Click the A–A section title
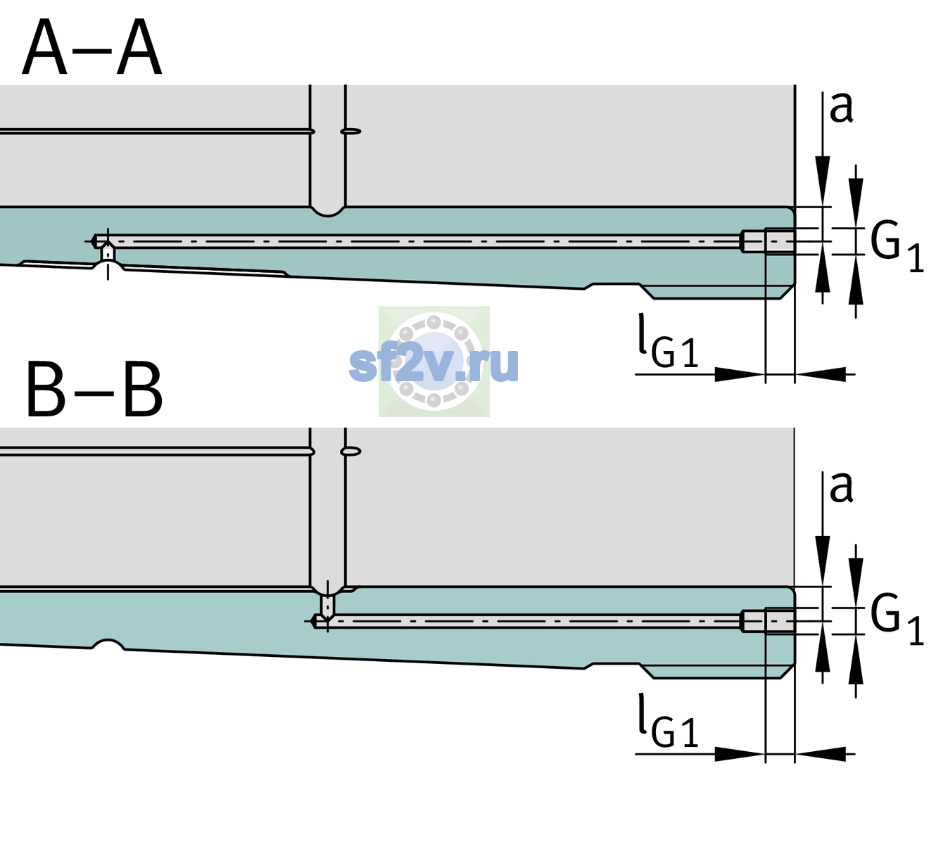point(92,47)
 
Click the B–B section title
point(95,390)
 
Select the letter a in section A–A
point(841,108)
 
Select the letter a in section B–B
point(841,487)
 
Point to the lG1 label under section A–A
point(668,340)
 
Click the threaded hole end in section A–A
point(768,241)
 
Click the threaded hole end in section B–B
point(768,622)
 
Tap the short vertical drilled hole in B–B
point(328,606)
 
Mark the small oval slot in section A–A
point(350,132)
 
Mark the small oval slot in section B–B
point(350,452)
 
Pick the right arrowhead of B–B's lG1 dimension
point(821,754)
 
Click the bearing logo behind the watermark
point(434,362)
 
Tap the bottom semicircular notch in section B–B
point(108,644)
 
